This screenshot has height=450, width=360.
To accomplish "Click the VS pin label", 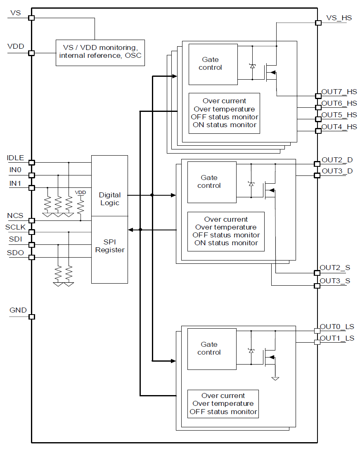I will click(x=15, y=13).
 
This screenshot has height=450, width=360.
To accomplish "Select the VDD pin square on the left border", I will click(x=31, y=53).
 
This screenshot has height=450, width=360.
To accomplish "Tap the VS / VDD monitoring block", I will click(x=100, y=52).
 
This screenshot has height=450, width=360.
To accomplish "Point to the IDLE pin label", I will click(x=15, y=158).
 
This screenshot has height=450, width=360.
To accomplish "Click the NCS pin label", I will click(x=15, y=216).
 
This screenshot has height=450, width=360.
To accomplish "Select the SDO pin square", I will click(x=31, y=258).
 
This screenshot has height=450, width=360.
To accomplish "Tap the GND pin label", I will click(x=18, y=310).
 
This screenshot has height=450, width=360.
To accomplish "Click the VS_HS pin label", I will click(x=339, y=18).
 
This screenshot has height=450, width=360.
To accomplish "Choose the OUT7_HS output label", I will click(x=339, y=92).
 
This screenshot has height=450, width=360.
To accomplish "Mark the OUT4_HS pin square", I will click(x=318, y=131).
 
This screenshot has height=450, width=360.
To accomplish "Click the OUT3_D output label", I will click(x=337, y=171).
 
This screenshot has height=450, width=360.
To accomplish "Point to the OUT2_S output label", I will click(x=335, y=268).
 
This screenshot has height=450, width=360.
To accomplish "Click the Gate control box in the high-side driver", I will click(x=213, y=64).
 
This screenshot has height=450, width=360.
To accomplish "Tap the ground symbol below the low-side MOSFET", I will click(x=275, y=378).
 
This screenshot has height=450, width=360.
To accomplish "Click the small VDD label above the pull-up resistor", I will click(x=81, y=192).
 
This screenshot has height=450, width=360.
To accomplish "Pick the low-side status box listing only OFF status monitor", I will click(x=223, y=404).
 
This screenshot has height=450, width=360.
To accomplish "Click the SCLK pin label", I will click(x=15, y=227).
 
